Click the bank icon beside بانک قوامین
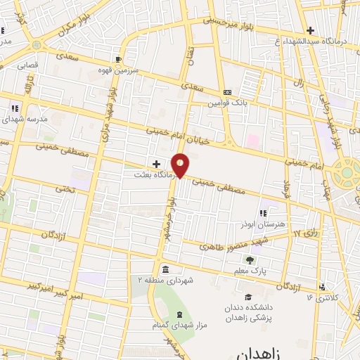pos(227,92)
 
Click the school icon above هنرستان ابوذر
pos(263,212)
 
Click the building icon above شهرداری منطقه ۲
pos(165,270)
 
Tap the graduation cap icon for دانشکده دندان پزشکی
pos(247,297)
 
